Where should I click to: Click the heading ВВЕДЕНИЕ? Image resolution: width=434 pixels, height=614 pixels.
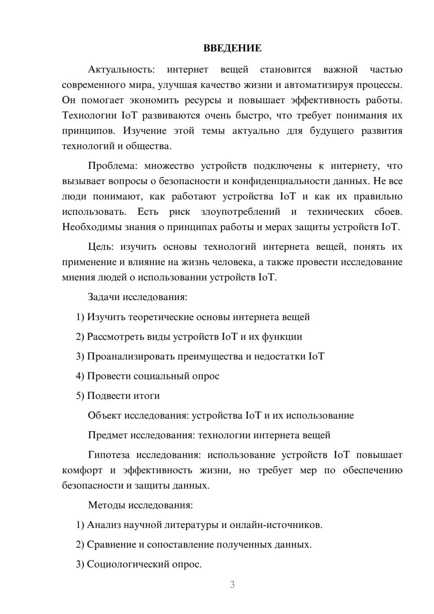pyautogui.click(x=232, y=48)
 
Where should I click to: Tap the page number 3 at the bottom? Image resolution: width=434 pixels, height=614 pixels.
pyautogui.click(x=232, y=584)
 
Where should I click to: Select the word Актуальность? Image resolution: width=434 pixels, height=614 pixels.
pyautogui.click(x=121, y=69)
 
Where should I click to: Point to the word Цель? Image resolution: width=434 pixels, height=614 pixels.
pyautogui.click(x=101, y=247)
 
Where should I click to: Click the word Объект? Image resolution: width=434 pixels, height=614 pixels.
pyautogui.click(x=105, y=415)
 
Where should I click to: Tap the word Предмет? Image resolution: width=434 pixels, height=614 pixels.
pyautogui.click(x=108, y=435)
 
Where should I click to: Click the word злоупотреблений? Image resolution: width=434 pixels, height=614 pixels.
pyautogui.click(x=240, y=212)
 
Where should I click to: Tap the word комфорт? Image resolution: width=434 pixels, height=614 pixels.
pyautogui.click(x=82, y=470)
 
